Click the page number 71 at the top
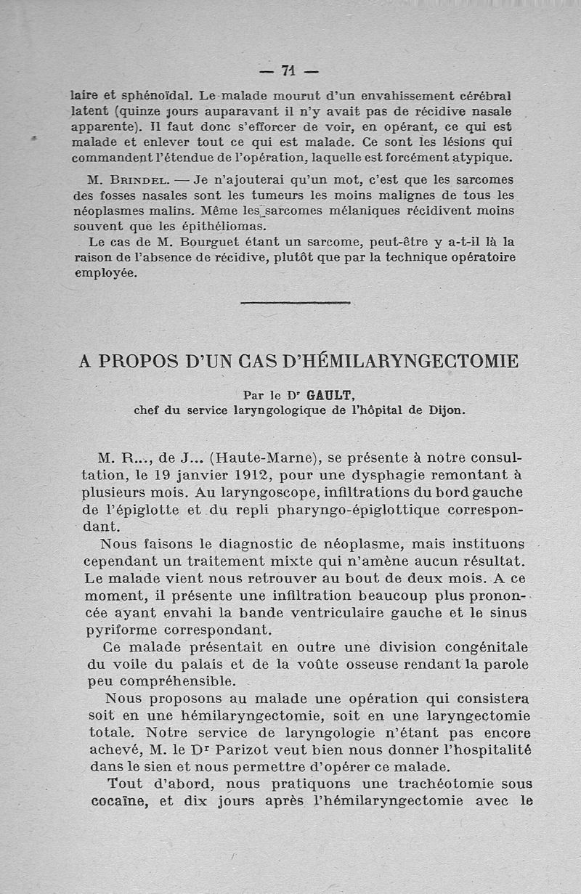click(x=289, y=71)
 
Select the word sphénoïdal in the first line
click(x=145, y=95)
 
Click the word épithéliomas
click(x=187, y=226)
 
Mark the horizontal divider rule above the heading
click(x=295, y=302)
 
